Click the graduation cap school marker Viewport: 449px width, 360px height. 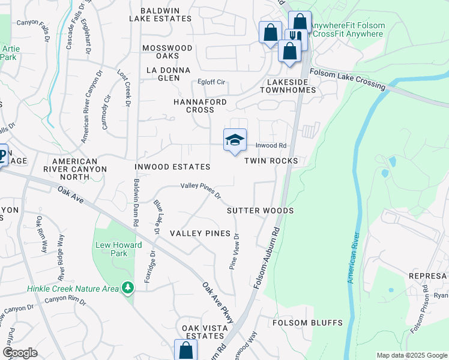235,140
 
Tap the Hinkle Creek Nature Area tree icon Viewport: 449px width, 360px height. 127,289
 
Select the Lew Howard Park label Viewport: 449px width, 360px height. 119,249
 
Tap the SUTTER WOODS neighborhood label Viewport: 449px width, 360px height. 260,211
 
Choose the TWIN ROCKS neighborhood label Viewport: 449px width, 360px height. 271,161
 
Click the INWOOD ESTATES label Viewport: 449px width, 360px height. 172,166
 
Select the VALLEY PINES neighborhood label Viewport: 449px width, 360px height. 200,233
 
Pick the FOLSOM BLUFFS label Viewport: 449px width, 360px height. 307,322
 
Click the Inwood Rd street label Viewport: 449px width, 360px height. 271,146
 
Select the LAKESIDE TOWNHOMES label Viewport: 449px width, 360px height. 288,85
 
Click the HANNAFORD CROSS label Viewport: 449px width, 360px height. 200,106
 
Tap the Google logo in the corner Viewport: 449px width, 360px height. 19,353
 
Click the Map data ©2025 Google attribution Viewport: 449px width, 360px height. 411,355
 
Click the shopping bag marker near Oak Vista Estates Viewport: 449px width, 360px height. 185,350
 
